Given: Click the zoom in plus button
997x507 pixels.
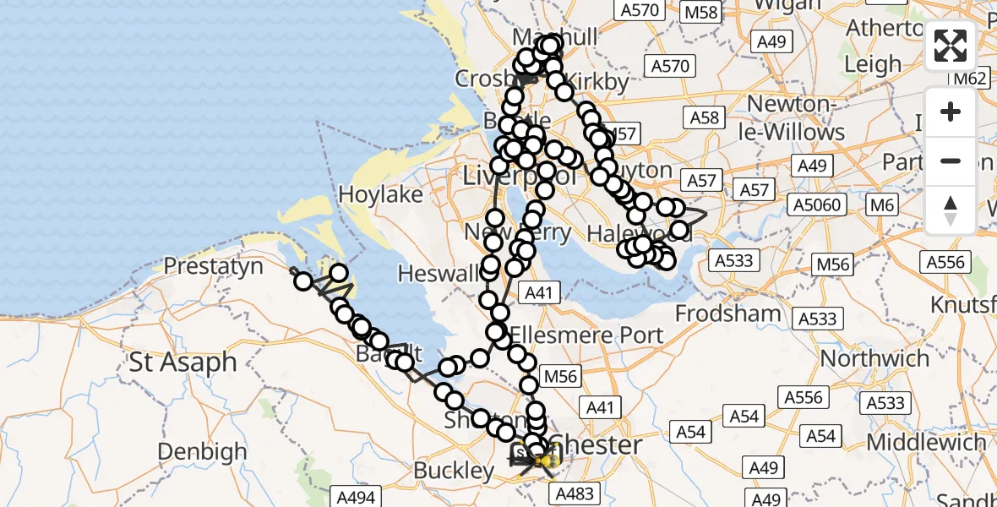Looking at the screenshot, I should (x=951, y=112).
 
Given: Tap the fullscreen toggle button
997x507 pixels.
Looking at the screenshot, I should (x=951, y=46).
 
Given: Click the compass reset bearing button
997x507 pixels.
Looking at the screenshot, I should (x=951, y=210).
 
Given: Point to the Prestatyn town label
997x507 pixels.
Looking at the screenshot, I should (x=213, y=267).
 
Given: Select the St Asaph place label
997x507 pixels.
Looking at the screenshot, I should (x=183, y=363).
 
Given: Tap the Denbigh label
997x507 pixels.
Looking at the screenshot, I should (x=201, y=452).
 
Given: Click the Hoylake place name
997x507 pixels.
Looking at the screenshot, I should (x=380, y=194).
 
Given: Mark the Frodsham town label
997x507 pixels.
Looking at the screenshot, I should (x=728, y=314).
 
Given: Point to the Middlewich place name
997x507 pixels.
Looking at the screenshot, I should (x=926, y=442).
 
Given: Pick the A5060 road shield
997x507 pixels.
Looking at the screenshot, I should (x=817, y=204).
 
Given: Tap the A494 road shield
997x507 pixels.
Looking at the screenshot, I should (x=355, y=498).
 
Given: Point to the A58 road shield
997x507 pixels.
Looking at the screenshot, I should (x=704, y=117).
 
